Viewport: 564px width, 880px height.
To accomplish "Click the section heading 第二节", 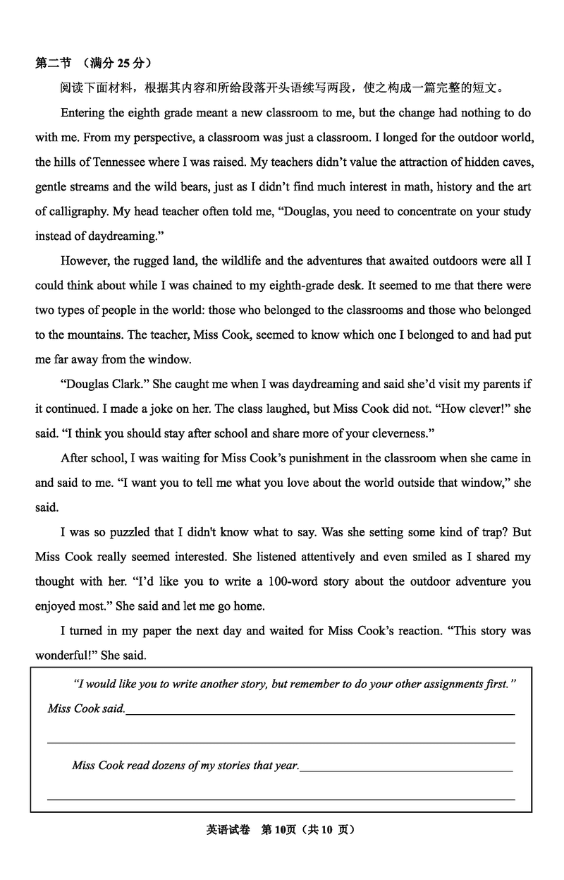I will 53,64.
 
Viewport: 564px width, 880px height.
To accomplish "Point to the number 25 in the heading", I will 123,64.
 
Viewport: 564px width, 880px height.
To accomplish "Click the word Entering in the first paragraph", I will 83,113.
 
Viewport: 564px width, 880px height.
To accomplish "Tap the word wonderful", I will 64,656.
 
